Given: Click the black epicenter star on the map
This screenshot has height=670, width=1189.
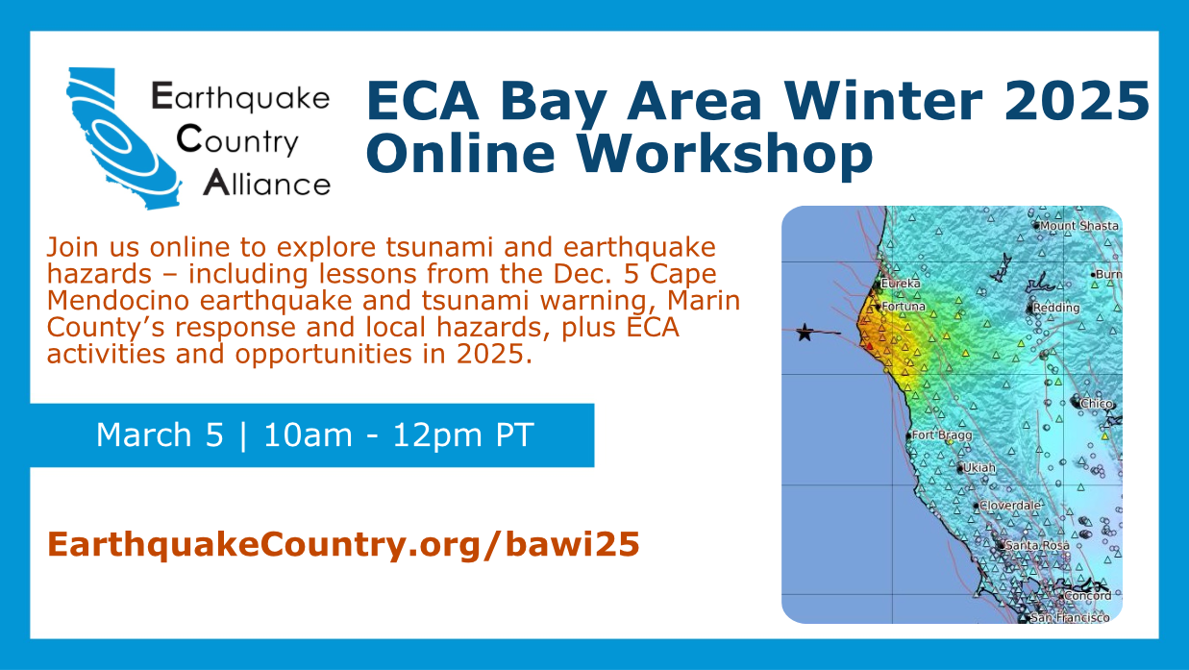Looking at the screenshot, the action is click(805, 333).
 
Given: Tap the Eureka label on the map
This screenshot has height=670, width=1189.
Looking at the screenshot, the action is click(901, 284).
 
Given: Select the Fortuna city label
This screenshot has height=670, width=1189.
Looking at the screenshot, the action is click(904, 307).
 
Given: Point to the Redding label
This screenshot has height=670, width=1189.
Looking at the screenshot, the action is click(1056, 308).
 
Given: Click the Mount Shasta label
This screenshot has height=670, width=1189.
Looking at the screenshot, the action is click(1079, 226).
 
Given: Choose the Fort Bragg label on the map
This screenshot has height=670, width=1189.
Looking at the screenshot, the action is click(942, 435).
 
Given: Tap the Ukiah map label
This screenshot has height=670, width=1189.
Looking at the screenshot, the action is click(978, 468).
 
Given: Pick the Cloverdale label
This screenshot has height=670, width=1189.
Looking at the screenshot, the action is click(1010, 506).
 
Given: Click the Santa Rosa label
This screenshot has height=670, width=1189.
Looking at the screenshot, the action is click(1037, 545).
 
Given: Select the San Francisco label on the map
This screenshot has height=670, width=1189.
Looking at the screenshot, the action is click(1070, 618).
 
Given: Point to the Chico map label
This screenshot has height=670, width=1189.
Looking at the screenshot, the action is click(1097, 404).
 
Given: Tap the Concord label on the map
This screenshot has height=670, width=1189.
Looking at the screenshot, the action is click(1088, 596).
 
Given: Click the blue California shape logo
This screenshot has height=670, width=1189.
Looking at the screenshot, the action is click(123, 138).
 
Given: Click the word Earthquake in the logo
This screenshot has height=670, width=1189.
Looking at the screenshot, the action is click(240, 97).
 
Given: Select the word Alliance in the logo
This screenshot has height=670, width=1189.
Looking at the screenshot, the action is click(267, 183).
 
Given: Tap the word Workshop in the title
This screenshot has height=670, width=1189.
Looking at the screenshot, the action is click(725, 154).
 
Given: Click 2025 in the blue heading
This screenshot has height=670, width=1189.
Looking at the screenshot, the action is click(1077, 100).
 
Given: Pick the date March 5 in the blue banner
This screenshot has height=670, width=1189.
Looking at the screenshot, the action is click(160, 434).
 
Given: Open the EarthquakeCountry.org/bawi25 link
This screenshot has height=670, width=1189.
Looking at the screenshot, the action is click(343, 544).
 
